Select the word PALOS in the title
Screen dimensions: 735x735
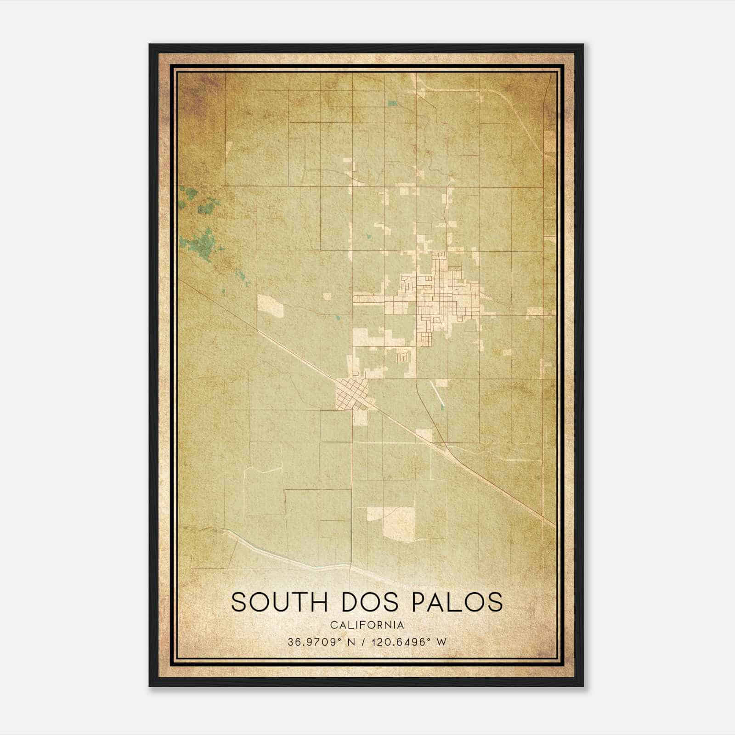point(457,602)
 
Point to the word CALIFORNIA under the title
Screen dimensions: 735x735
point(367,625)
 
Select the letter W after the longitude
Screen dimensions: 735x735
point(442,642)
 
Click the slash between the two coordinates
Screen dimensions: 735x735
point(364,642)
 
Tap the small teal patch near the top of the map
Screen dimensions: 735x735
point(392,103)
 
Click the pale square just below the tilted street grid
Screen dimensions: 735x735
point(360,417)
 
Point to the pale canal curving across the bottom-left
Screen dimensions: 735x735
point(285,554)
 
